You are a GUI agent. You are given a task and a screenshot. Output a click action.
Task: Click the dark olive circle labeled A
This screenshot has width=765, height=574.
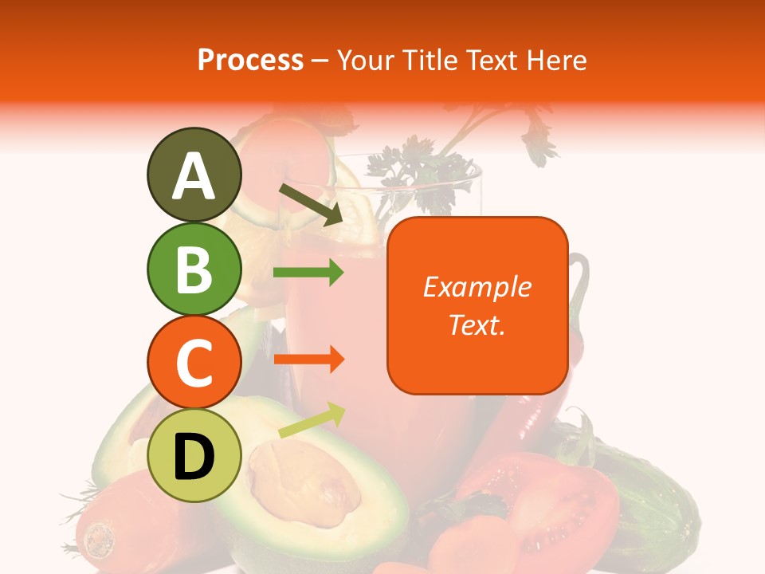[x=194, y=175]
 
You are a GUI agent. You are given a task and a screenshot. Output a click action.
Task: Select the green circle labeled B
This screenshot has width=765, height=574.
[x=194, y=269]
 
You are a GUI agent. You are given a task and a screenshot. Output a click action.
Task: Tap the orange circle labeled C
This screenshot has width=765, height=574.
[x=194, y=362]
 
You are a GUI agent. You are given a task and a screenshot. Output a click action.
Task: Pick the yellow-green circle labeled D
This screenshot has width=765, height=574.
[x=194, y=456]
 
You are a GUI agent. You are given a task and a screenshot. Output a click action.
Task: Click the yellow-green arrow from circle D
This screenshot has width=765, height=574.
[x=311, y=420]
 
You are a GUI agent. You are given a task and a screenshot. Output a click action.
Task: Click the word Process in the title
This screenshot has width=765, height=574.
[x=250, y=60]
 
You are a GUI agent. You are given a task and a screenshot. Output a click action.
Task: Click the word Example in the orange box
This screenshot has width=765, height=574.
[x=477, y=287]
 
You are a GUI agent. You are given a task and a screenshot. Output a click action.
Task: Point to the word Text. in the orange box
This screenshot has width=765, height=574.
[x=477, y=324]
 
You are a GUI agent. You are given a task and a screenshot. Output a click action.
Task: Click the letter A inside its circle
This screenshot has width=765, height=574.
[x=194, y=176]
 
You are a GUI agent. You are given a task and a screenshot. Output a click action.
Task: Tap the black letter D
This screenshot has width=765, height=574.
[x=194, y=458]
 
